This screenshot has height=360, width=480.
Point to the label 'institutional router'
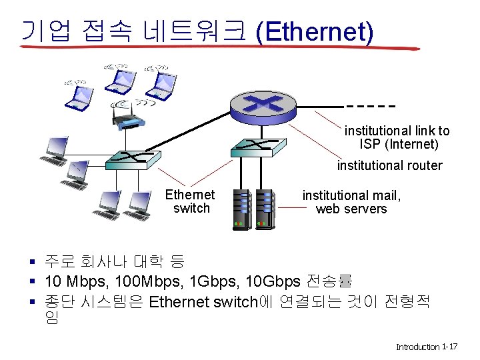point(389,165)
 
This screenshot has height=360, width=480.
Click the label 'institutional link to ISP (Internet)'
point(397,137)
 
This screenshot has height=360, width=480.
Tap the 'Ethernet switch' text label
point(191,201)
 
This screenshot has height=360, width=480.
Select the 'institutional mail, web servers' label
point(351,202)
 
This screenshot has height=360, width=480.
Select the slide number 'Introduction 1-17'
point(426,347)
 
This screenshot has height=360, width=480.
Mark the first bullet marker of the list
point(32,261)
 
